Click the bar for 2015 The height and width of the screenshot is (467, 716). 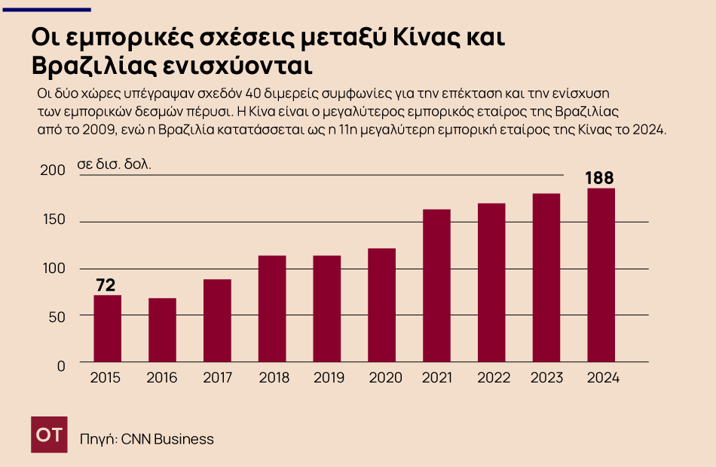click(107, 329)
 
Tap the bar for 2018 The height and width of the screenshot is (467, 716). click(272, 309)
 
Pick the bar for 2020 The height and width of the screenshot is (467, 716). click(382, 306)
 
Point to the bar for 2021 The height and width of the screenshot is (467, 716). click(436, 286)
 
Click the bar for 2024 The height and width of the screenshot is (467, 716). click(601, 275)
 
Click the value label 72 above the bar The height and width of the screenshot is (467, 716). click(106, 285)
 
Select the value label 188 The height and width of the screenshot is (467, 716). click(601, 179)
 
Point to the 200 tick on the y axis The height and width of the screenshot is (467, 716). click(53, 171)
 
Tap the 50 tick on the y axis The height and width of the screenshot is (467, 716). click(57, 316)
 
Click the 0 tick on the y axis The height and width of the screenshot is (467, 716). click(62, 365)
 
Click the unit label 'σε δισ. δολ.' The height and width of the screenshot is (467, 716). click(115, 164)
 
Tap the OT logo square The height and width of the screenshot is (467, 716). click(49, 435)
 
